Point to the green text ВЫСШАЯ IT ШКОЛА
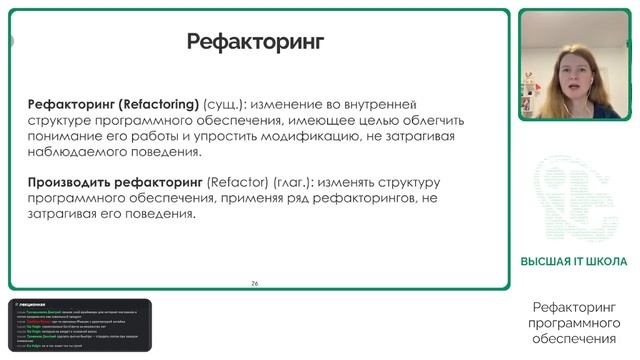pos(573,262)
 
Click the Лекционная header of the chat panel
pos(39,304)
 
